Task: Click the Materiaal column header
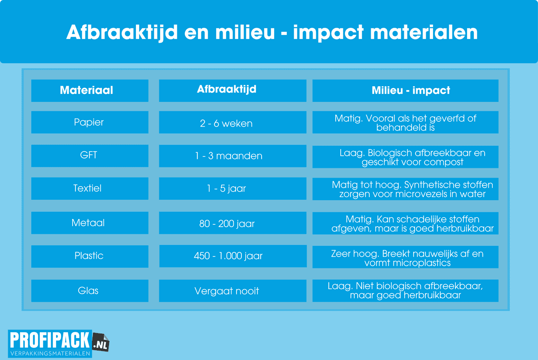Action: point(90,91)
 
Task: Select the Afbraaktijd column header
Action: point(232,91)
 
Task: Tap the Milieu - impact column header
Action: point(405,91)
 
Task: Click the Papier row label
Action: point(90,122)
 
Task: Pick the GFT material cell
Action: point(90,155)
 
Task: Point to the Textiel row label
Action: point(90,189)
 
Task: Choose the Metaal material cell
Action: point(90,223)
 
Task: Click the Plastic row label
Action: point(90,256)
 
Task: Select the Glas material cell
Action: point(90,291)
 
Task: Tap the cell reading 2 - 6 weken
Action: point(232,122)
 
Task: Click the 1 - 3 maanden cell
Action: point(232,156)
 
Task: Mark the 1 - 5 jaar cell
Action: point(232,189)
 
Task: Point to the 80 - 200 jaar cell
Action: point(232,223)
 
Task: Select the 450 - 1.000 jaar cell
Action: point(232,256)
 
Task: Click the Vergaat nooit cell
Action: point(232,291)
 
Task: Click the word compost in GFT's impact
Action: point(444,162)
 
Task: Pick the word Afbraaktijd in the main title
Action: point(122,33)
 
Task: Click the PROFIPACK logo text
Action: point(50,340)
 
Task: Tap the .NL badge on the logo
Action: point(101,343)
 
